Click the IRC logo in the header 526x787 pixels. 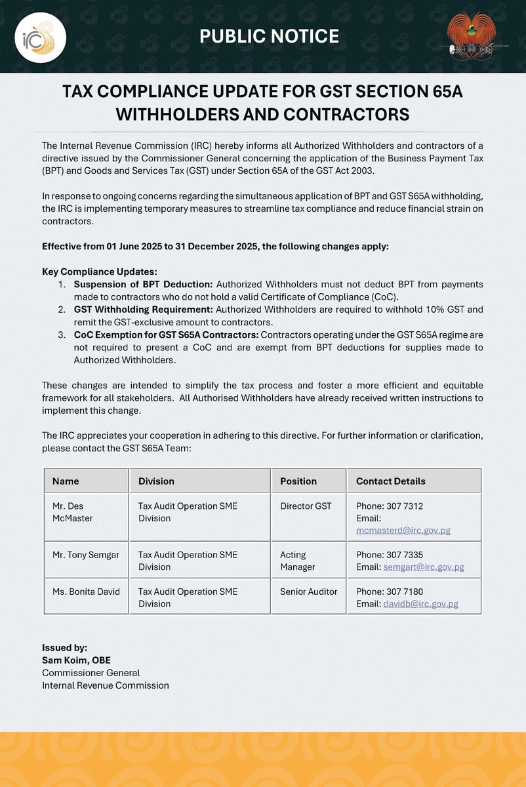coord(40,37)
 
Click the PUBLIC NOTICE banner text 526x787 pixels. coord(269,36)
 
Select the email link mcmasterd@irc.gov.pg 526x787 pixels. coord(403,530)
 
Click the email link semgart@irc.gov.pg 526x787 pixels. coord(424,567)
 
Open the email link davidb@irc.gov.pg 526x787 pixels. coord(420,603)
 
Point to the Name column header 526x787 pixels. coord(66,481)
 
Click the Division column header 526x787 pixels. coord(156,481)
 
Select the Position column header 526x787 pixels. coord(298,481)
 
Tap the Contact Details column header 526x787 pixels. coord(390,481)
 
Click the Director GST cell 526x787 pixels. coord(306,506)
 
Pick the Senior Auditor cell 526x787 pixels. coord(308,592)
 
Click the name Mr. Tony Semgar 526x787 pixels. coord(86,555)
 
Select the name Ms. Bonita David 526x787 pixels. coord(86,592)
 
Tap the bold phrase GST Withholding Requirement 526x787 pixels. coord(143,309)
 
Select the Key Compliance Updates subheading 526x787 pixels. coord(100,272)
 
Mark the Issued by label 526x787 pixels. coord(64,647)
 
